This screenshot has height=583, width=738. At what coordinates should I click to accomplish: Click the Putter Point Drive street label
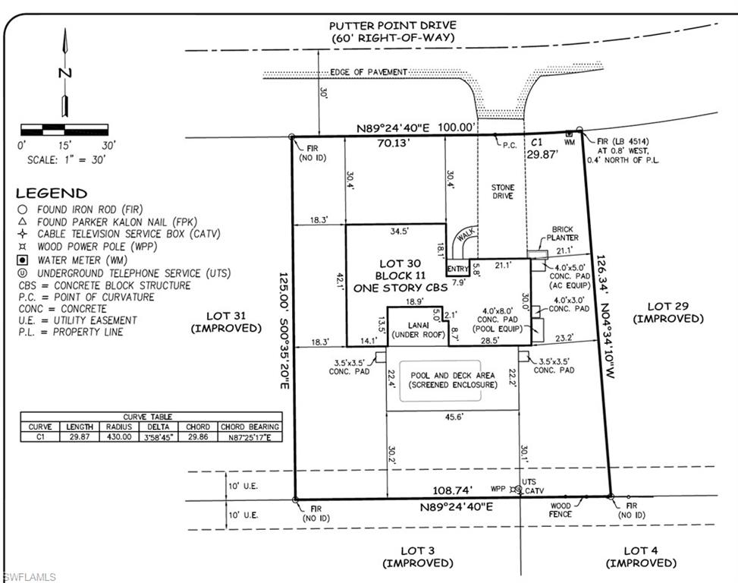coord(393,25)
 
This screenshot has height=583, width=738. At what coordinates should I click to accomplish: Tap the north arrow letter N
coord(65,73)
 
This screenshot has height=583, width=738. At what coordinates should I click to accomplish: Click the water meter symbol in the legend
coord(22,260)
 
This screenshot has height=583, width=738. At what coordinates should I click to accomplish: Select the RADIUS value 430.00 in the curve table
coord(118,436)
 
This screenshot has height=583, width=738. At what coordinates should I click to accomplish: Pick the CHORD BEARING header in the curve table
coord(250,427)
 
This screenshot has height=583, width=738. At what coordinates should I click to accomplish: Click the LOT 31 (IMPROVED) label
coord(226,322)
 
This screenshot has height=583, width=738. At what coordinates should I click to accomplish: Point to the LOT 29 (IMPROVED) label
coord(668,313)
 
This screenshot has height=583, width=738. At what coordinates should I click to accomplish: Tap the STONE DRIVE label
coord(503,191)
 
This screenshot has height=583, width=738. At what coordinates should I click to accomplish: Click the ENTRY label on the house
coord(458,269)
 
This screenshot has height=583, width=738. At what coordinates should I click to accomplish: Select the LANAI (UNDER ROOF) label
coord(419,330)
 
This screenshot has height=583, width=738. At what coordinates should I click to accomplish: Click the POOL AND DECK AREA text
coord(453,375)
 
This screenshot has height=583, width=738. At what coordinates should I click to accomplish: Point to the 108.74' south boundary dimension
coord(452,490)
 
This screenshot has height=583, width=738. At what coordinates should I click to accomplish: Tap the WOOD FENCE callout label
coord(560,510)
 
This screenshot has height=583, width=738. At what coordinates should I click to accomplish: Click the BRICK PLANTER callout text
coord(563,234)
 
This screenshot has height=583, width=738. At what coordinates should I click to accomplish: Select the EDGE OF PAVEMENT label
coord(369,72)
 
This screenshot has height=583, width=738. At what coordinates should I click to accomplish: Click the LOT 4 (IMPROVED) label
coord(641,556)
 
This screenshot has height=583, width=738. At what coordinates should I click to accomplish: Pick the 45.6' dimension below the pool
coord(454,417)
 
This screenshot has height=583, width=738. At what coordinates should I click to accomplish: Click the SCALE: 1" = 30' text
coord(66,160)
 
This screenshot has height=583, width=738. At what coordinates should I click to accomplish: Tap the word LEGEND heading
coord(52,193)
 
